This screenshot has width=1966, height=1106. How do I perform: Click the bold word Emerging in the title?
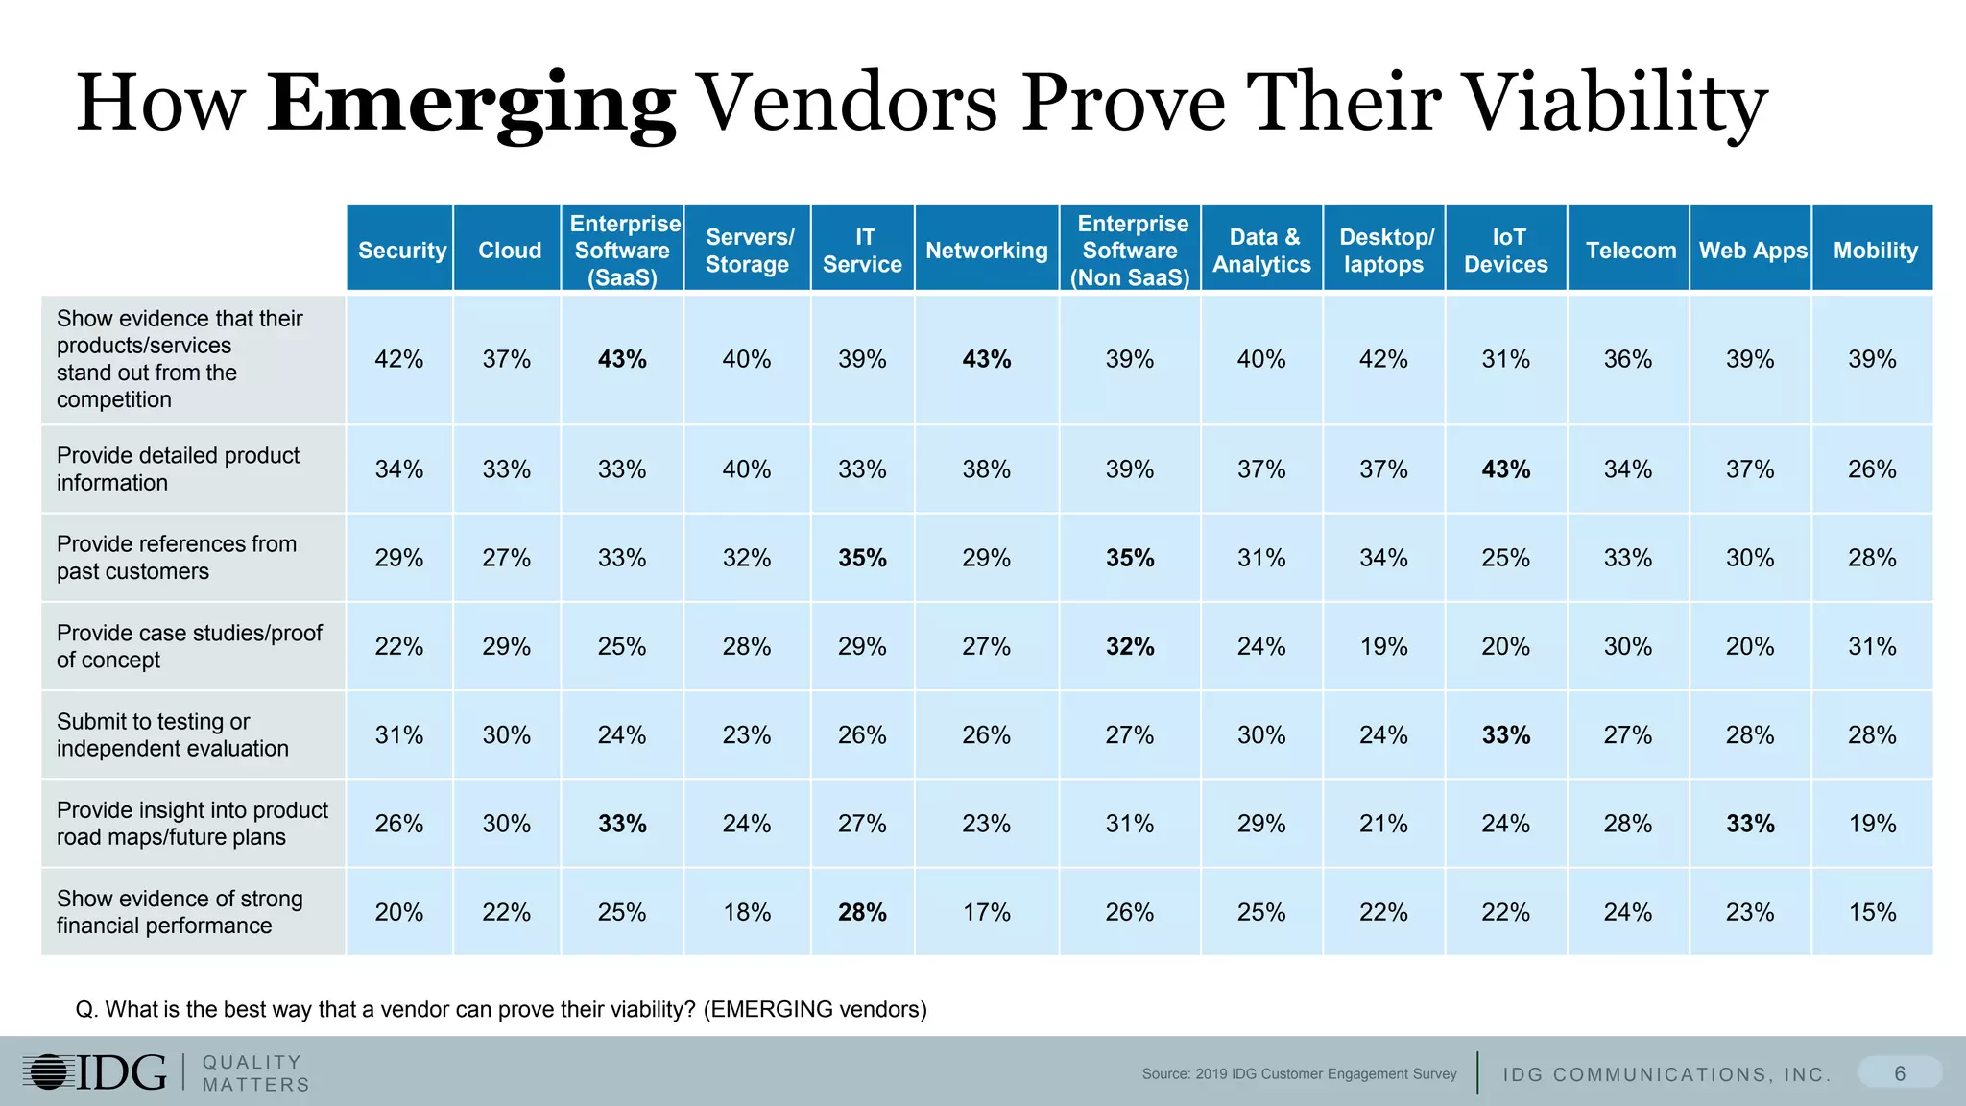tap(470, 104)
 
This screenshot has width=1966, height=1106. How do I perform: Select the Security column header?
tap(401, 251)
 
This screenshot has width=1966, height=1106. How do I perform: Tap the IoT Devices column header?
tap(1505, 251)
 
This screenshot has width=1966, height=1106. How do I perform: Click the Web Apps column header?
tap(1752, 251)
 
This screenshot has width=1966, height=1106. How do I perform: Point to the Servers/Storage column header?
tap(747, 251)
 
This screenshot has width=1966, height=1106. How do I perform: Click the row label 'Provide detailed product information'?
tap(178, 469)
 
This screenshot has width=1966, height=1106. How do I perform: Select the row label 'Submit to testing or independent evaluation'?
tap(172, 734)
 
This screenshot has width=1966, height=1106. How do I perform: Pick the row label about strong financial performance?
tap(179, 912)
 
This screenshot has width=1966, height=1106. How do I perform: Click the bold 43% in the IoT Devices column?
tap(1505, 469)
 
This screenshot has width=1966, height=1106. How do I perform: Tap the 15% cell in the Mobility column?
tap(1872, 912)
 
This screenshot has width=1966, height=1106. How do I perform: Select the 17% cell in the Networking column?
tap(986, 912)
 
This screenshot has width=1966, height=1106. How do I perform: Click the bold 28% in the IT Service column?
tap(862, 912)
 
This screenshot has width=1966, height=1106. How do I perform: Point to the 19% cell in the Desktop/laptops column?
tap(1383, 646)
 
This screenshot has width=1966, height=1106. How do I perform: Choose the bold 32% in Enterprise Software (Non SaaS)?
tap(1130, 646)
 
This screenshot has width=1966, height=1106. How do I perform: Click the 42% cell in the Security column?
tap(398, 359)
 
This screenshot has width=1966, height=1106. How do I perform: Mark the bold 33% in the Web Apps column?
tap(1750, 824)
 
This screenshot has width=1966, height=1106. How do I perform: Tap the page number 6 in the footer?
tap(1899, 1073)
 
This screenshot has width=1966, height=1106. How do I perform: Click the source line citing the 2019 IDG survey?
tap(1299, 1074)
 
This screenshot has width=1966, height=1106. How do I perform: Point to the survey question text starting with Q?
tap(501, 1009)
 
